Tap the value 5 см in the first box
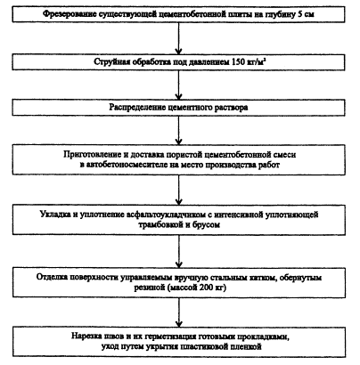coord(306,14)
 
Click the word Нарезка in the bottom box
coord(86,337)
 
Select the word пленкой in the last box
coord(247,346)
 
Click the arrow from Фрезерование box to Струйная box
coord(178,38)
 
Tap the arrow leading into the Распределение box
coord(178,85)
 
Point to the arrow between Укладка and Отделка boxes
coord(178,251)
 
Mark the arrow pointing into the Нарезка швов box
coord(178,312)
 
